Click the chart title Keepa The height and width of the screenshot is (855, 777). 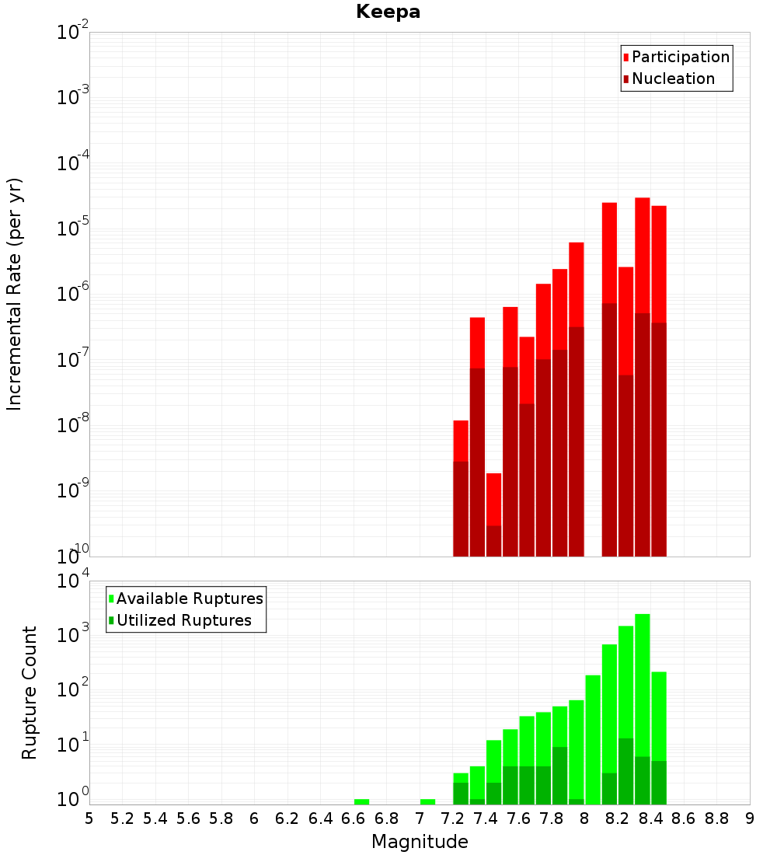pyautogui.click(x=388, y=12)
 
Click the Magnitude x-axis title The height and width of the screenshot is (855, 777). pyautogui.click(x=420, y=842)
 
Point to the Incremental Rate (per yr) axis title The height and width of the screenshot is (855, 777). pyautogui.click(x=15, y=295)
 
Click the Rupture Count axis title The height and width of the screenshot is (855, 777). pyautogui.click(x=30, y=693)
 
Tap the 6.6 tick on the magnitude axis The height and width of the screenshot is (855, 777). pyautogui.click(x=354, y=818)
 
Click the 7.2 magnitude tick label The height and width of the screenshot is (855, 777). pyautogui.click(x=452, y=818)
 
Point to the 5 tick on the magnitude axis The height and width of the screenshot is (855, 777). pyautogui.click(x=89, y=818)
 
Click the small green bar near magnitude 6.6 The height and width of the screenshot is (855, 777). pyautogui.click(x=361, y=801)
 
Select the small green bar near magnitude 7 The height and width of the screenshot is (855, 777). pyautogui.click(x=427, y=801)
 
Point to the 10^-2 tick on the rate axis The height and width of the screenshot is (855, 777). pyautogui.click(x=72, y=33)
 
